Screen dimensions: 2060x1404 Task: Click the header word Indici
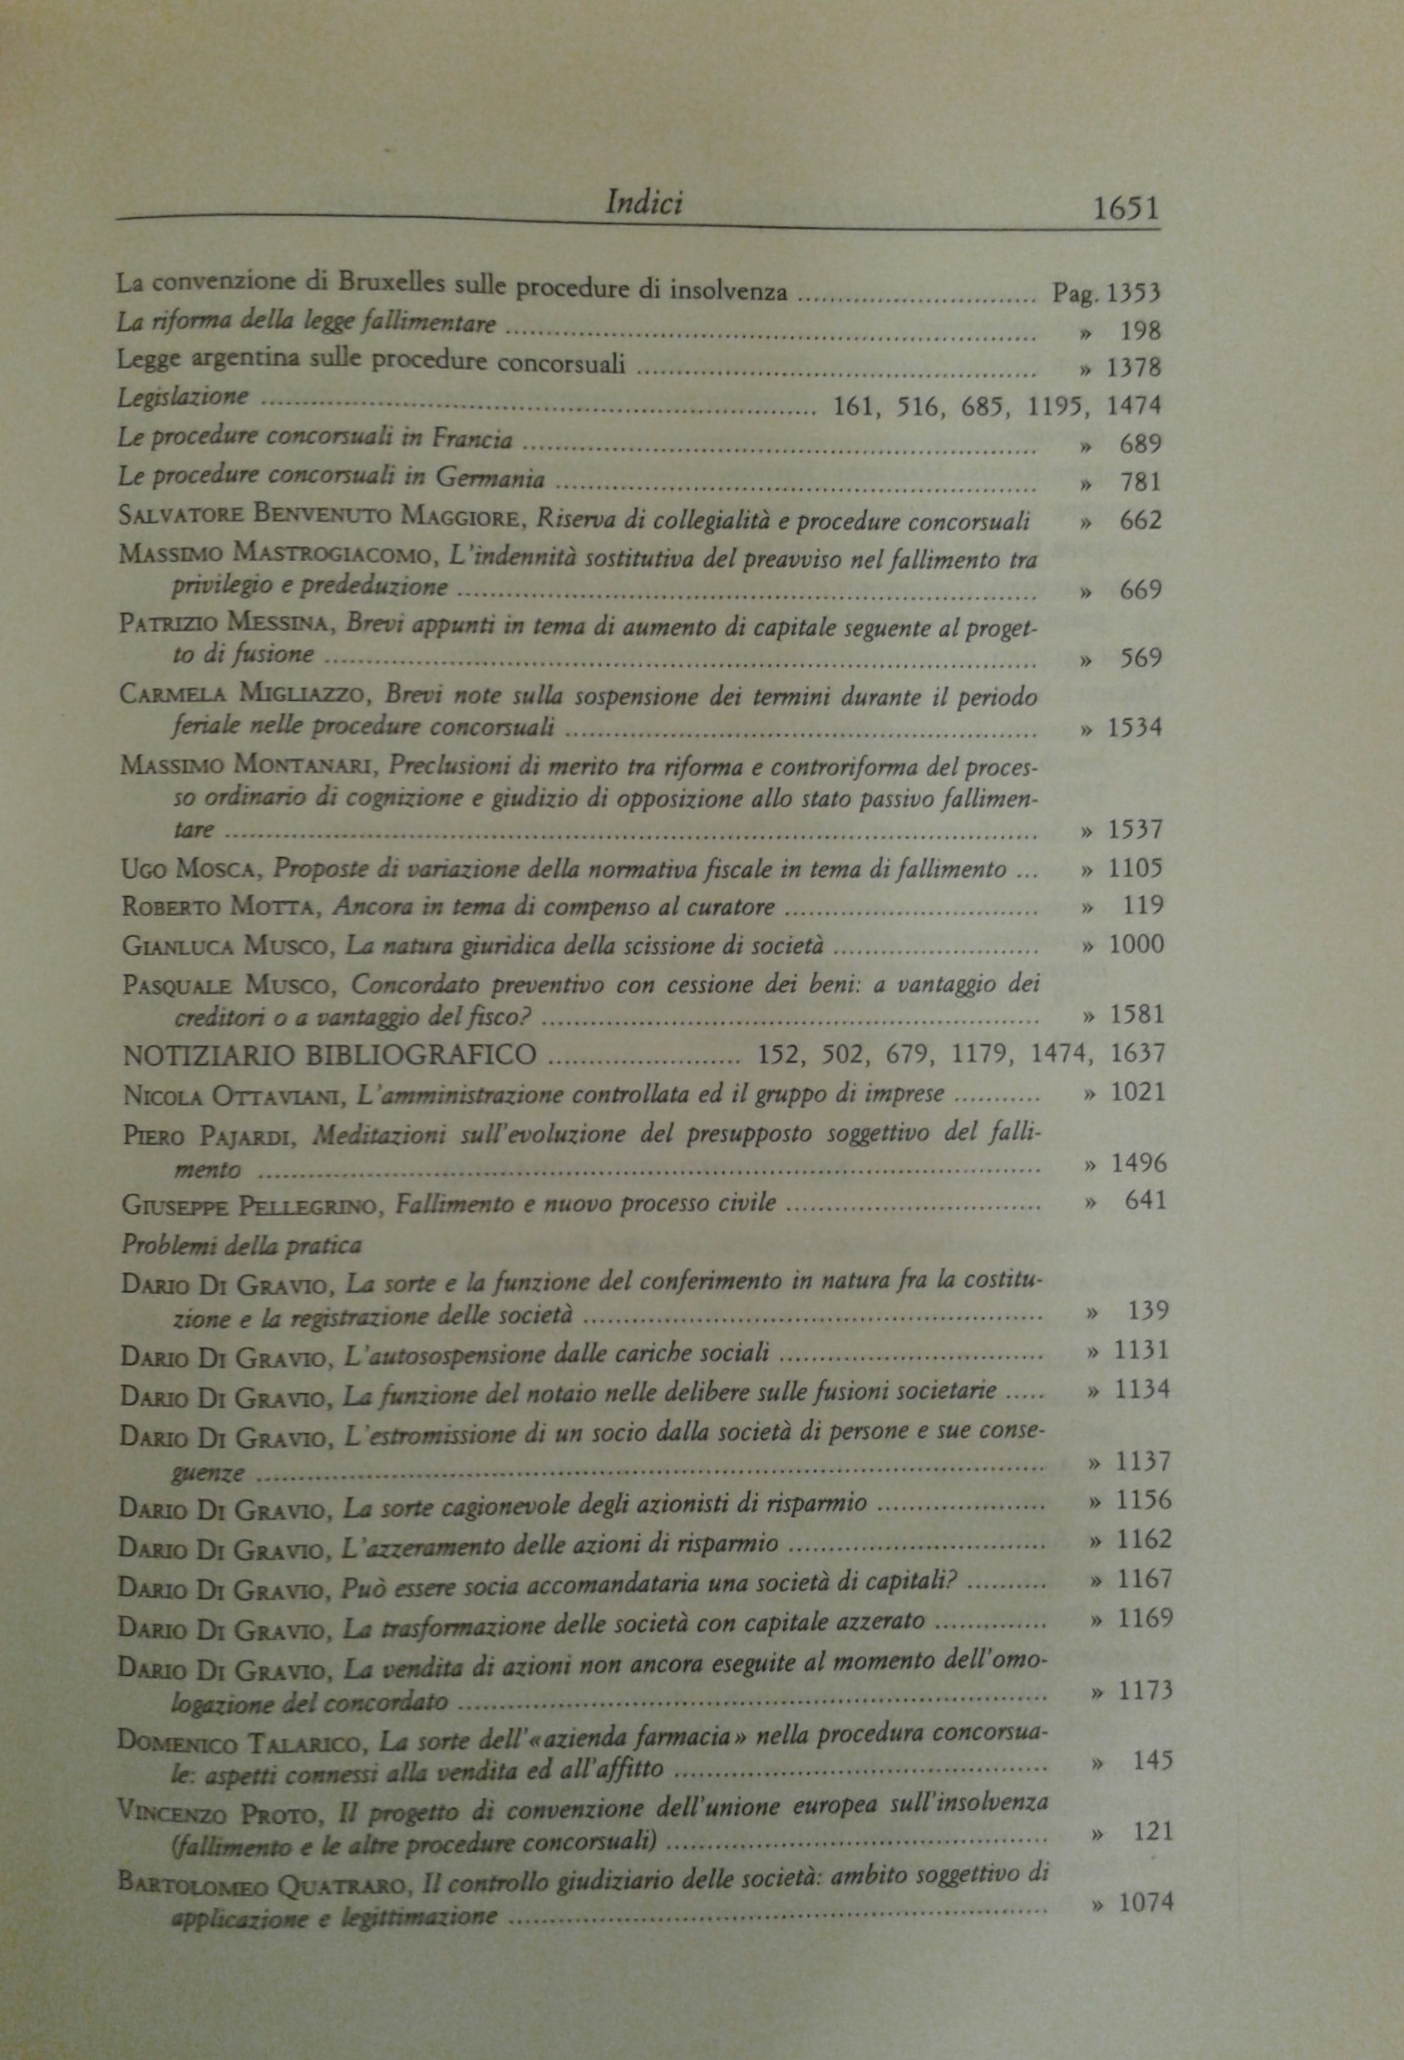(x=643, y=204)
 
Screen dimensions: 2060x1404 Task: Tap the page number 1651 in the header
(x=1126, y=210)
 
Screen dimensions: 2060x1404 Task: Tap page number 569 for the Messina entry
(x=1139, y=658)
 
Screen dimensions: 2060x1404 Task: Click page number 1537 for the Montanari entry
(x=1135, y=830)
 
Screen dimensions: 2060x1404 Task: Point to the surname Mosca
(x=217, y=870)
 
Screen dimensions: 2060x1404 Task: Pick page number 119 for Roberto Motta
(x=1142, y=906)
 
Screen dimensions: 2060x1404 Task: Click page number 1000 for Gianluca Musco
(x=1136, y=944)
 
